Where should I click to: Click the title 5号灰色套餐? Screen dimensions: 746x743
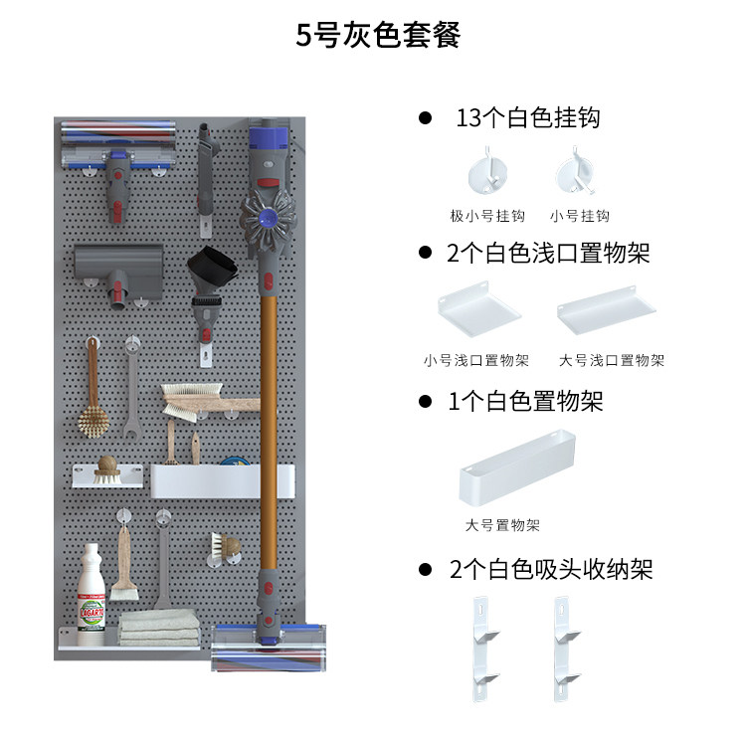pyautogui.click(x=378, y=37)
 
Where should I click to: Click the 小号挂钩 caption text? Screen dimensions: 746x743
pyautogui.click(x=579, y=216)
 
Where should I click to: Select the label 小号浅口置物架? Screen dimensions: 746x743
pyautogui.click(x=475, y=361)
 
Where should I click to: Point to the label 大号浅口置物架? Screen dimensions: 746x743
pyautogui.click(x=612, y=361)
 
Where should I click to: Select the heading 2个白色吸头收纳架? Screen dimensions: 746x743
pyautogui.click(x=550, y=570)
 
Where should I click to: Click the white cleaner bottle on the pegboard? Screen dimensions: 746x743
pyautogui.click(x=92, y=585)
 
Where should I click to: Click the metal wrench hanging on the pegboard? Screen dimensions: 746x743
pyautogui.click(x=132, y=387)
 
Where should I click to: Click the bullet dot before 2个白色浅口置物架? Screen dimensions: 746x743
pyautogui.click(x=425, y=254)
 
